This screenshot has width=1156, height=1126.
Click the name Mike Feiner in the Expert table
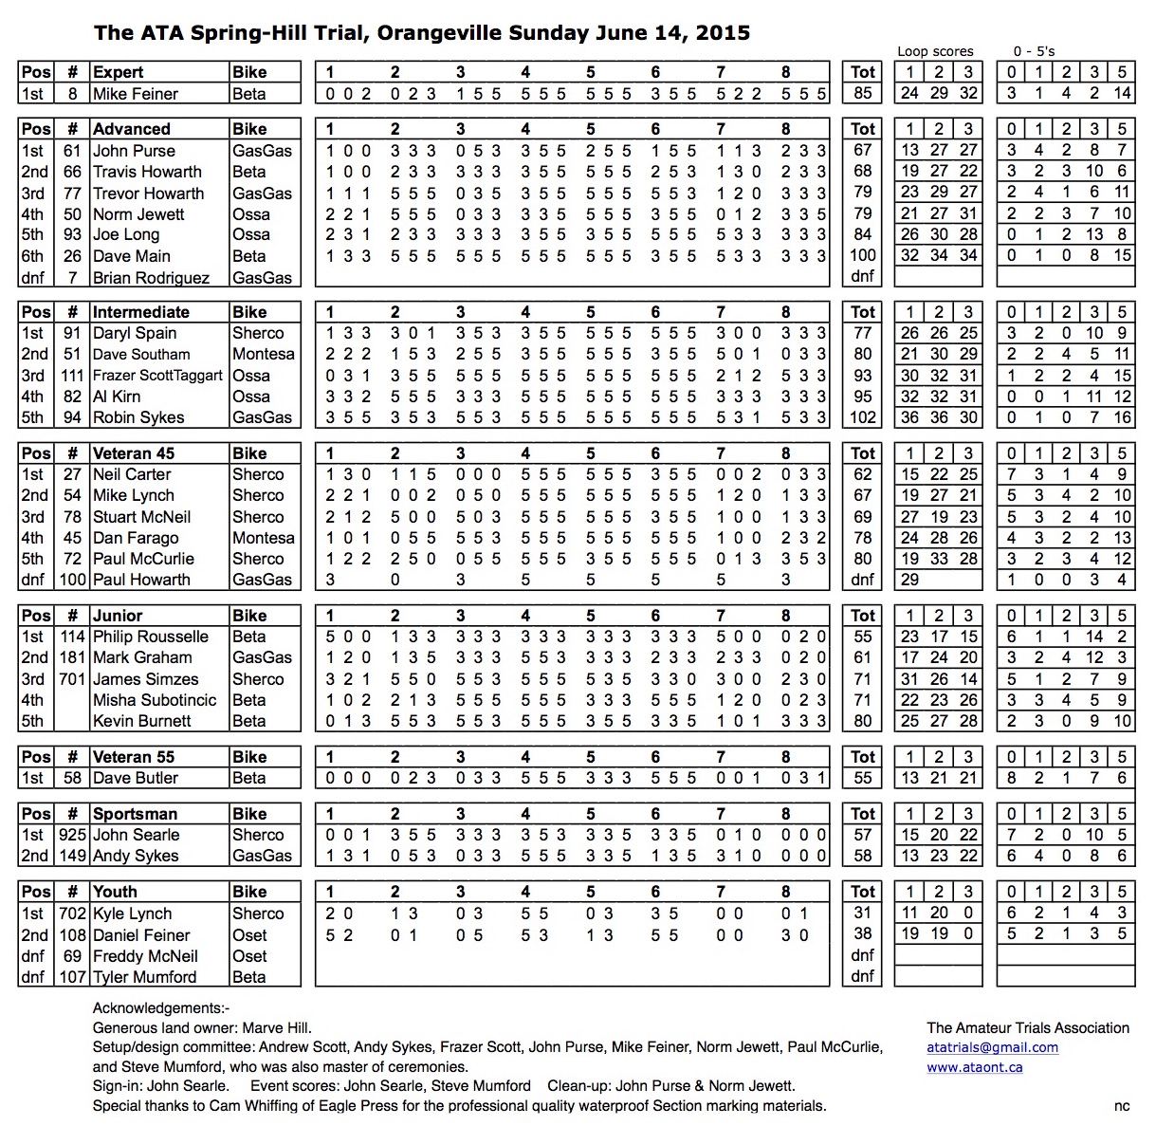136,94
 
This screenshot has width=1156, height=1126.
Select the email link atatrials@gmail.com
992,1047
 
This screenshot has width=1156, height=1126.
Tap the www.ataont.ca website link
974,1067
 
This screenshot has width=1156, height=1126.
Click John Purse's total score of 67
862,151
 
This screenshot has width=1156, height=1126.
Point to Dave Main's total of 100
862,256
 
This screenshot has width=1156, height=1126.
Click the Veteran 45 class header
134,453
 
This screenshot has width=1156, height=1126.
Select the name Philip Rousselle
151,637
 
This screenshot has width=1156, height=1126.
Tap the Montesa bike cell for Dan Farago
263,538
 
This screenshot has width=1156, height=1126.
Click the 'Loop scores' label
935,51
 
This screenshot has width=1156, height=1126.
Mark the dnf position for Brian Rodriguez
32,278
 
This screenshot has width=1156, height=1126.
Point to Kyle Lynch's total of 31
862,913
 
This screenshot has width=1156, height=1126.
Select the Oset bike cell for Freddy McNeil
249,956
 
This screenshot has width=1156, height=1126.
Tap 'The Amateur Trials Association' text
1028,1027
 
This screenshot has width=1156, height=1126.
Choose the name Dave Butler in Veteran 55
136,778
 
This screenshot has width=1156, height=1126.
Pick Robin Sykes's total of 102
862,417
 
